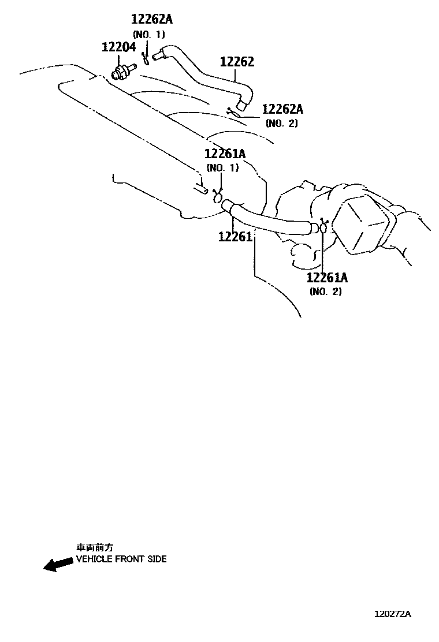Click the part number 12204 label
tap(118, 47)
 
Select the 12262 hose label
tap(236, 62)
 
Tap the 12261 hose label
tap(235, 237)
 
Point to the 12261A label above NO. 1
tap(224, 154)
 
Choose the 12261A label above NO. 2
tap(327, 278)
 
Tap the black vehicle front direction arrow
tap(58, 564)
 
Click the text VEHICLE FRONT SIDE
tap(121, 559)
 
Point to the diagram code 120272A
tap(392, 614)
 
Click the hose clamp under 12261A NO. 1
tap(219, 198)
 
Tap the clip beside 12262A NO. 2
tap(233, 111)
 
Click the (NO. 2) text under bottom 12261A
tap(325, 292)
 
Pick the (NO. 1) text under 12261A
tap(222, 168)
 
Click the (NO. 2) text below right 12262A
tap(282, 123)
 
